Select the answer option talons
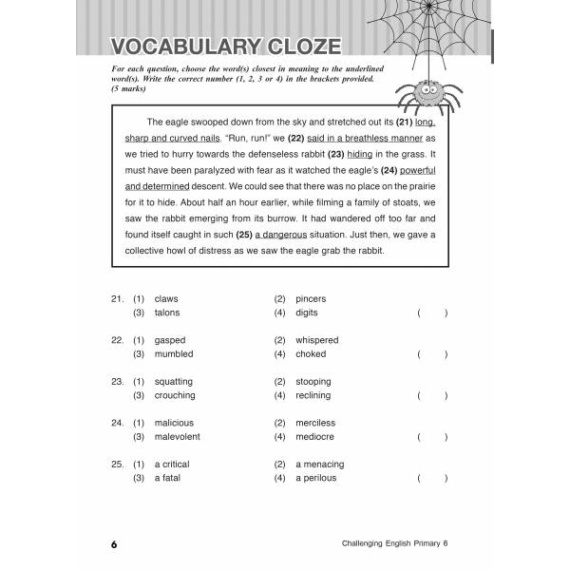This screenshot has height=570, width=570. (166, 313)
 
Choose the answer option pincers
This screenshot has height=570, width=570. (311, 299)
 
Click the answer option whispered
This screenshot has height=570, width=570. (316, 340)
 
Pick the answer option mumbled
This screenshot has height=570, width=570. (173, 354)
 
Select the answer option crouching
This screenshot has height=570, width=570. (174, 395)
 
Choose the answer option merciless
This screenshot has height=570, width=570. (315, 423)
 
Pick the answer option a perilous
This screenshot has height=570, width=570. (316, 478)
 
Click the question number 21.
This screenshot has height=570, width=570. (117, 299)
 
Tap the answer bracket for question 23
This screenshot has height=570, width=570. (431, 395)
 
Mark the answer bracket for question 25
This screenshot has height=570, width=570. (431, 478)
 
